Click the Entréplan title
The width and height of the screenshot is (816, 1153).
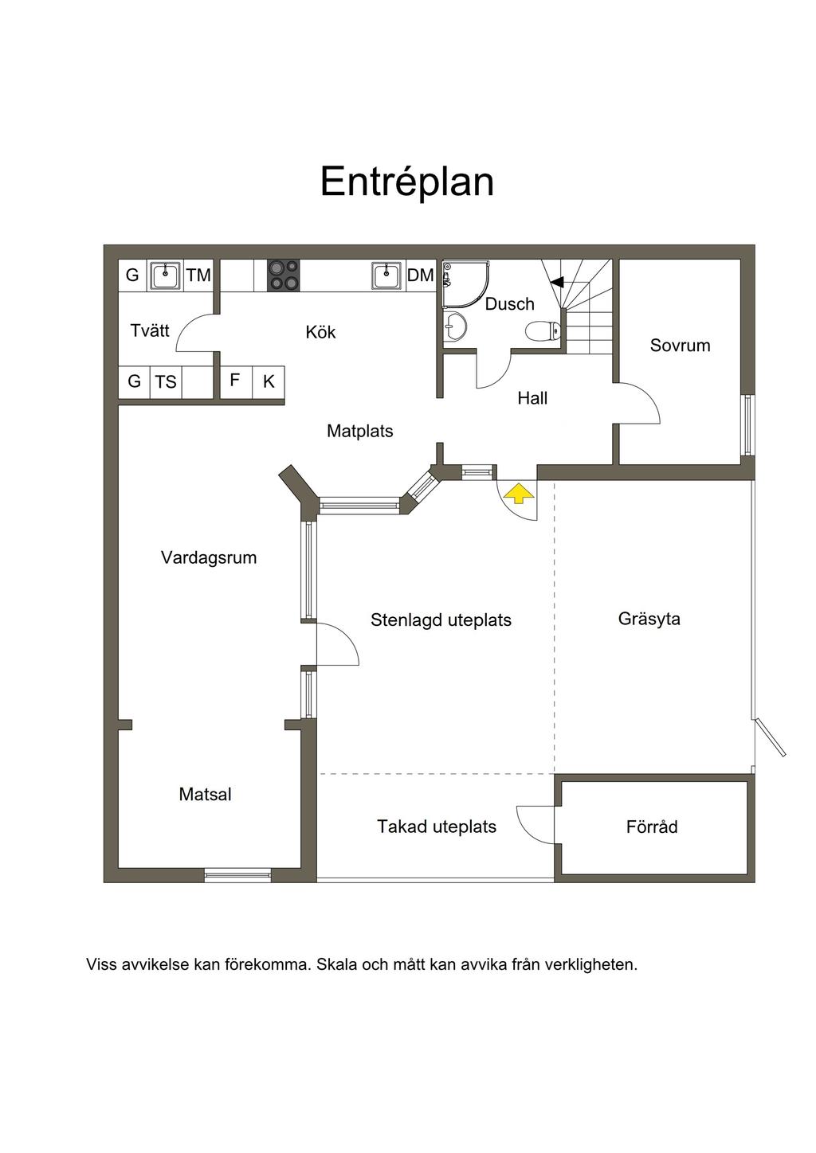pyautogui.click(x=407, y=182)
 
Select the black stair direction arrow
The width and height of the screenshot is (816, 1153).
pyautogui.click(x=557, y=282)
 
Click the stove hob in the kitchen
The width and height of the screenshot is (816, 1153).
pyautogui.click(x=284, y=275)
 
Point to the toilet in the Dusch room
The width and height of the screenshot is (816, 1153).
pyautogui.click(x=543, y=331)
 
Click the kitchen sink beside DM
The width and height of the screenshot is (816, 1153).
pyautogui.click(x=386, y=276)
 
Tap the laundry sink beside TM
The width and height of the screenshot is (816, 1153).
pyautogui.click(x=165, y=276)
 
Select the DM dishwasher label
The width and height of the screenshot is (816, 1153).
pyautogui.click(x=421, y=276)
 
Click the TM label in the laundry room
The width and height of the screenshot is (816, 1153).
pyautogui.click(x=199, y=276)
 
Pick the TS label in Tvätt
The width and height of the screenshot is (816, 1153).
pyautogui.click(x=166, y=382)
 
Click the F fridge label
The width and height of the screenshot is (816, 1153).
pyautogui.click(x=235, y=381)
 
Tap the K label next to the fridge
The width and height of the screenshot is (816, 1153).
pyautogui.click(x=269, y=381)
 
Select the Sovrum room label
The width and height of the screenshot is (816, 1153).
pyautogui.click(x=680, y=346)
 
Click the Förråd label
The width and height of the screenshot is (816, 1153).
pyautogui.click(x=652, y=827)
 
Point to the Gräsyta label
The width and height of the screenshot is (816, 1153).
pyautogui.click(x=649, y=619)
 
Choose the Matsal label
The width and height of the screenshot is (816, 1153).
pyautogui.click(x=205, y=794)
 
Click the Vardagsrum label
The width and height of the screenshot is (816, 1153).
pyautogui.click(x=209, y=558)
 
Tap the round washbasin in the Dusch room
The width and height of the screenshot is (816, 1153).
pyautogui.click(x=454, y=326)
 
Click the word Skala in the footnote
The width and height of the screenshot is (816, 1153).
pyautogui.click(x=336, y=964)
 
